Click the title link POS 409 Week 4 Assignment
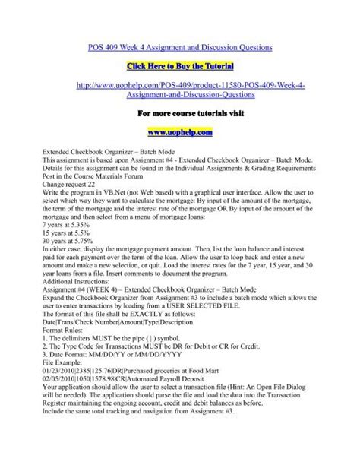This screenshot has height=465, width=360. (182, 48)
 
